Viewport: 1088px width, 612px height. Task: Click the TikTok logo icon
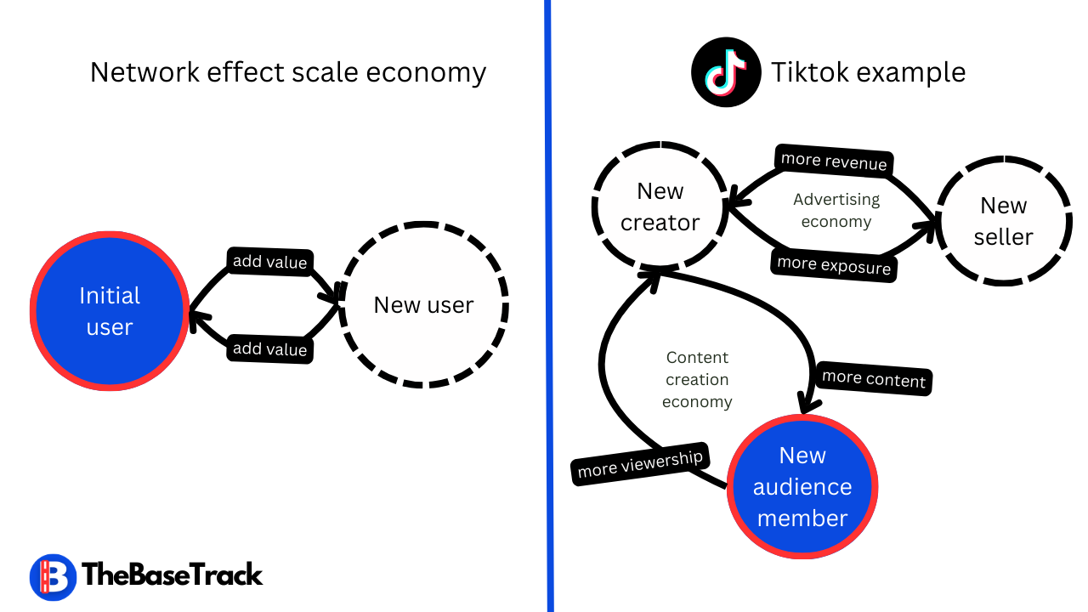click(x=725, y=72)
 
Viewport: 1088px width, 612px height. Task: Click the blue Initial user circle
click(x=110, y=311)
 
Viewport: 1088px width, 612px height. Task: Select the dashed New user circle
click(x=424, y=305)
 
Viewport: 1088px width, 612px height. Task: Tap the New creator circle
click(x=660, y=207)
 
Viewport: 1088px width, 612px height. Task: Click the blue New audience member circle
click(x=802, y=486)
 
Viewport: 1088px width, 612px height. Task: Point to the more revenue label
click(x=834, y=161)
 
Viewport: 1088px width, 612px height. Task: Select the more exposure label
click(x=834, y=264)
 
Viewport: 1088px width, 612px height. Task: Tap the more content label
click(x=874, y=378)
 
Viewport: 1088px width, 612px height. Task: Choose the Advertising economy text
click(x=836, y=210)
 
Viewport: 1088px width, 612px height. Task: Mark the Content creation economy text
click(x=697, y=379)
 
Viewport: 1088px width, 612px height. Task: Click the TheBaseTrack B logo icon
click(x=53, y=577)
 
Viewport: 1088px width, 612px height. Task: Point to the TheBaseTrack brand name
click(x=173, y=575)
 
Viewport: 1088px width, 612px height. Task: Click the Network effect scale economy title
click(x=287, y=72)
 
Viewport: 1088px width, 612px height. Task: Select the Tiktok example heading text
click(x=868, y=72)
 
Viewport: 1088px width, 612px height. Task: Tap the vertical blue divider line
click(x=548, y=306)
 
